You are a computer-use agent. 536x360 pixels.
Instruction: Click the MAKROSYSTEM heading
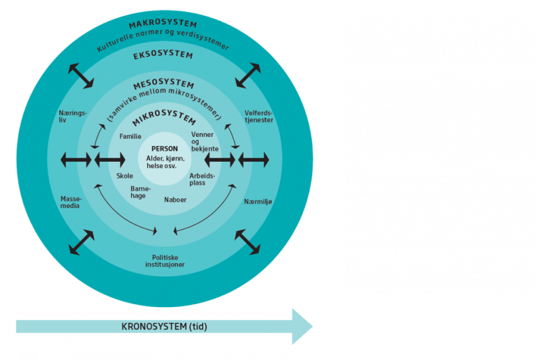[163, 24]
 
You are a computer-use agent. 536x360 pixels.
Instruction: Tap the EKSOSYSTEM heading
[163, 55]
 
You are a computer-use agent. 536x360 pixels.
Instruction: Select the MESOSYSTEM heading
[164, 84]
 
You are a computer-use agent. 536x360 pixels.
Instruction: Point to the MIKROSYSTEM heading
[164, 117]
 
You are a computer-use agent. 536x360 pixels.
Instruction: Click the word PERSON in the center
[165, 149]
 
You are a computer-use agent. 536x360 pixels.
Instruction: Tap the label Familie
[131, 136]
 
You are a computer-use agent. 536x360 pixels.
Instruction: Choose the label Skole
[124, 176]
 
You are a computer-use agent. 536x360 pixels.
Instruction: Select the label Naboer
[175, 200]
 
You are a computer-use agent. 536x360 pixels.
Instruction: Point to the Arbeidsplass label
[202, 179]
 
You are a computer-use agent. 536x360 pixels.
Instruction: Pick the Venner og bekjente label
[204, 142]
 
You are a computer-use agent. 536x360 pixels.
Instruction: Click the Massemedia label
[71, 202]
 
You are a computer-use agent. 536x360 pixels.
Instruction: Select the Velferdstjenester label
[259, 117]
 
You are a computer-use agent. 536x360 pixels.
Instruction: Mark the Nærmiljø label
[258, 202]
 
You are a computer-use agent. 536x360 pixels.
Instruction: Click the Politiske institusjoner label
[165, 261]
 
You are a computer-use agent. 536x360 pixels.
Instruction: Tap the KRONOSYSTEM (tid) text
[164, 327]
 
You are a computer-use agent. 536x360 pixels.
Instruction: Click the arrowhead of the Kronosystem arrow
[302, 327]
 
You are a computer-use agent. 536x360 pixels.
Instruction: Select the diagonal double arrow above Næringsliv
[81, 75]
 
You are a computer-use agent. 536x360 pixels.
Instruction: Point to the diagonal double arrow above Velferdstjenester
[248, 75]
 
